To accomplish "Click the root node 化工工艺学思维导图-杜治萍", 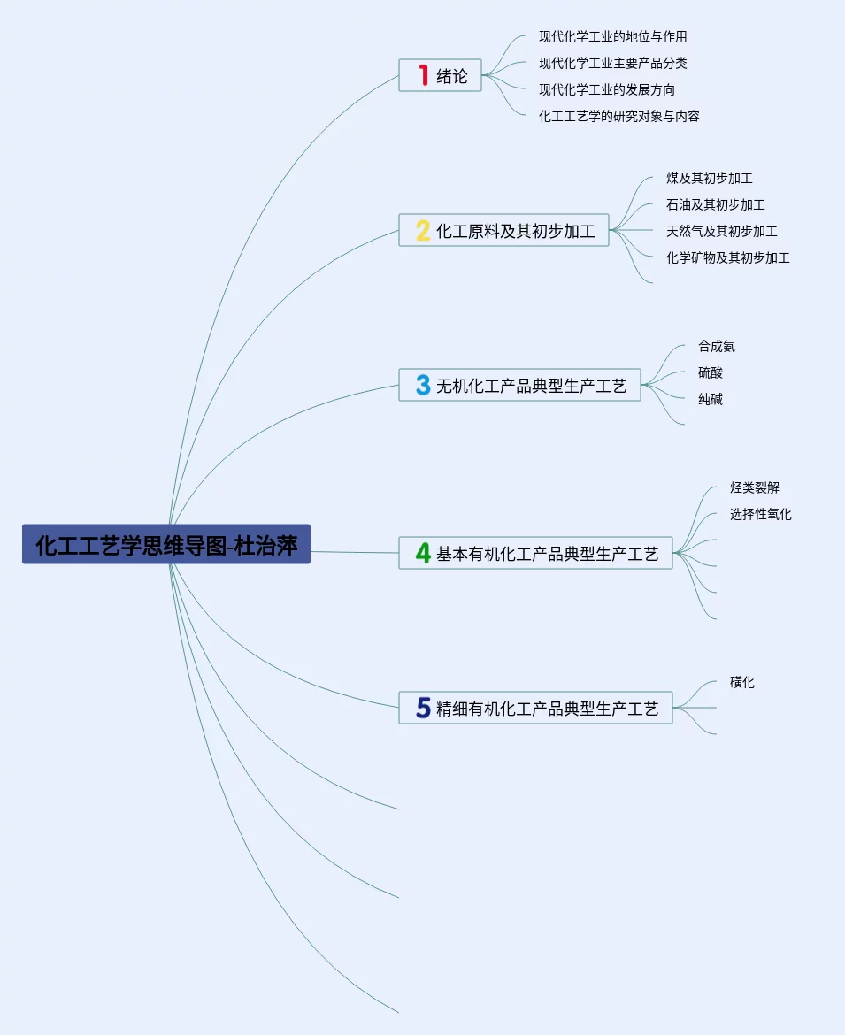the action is (x=166, y=544).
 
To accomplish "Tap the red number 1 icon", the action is (x=423, y=76).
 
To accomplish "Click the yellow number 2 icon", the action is (x=423, y=231).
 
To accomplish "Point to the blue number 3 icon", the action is (x=423, y=386).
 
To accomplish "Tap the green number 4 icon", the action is (x=423, y=554).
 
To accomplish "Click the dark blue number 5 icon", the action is (x=423, y=709).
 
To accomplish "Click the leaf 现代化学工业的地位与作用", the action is (x=612, y=37).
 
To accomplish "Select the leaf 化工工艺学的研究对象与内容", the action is (x=618, y=117).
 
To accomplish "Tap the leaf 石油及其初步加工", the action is (x=715, y=205).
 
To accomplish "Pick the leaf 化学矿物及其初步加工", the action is (x=727, y=258).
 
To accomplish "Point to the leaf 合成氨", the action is (x=716, y=347).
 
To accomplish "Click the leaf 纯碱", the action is (x=710, y=400).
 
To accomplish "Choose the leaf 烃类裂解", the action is (x=754, y=488).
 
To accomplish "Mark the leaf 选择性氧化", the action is (x=760, y=515).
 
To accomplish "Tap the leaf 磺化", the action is (x=741, y=683).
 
